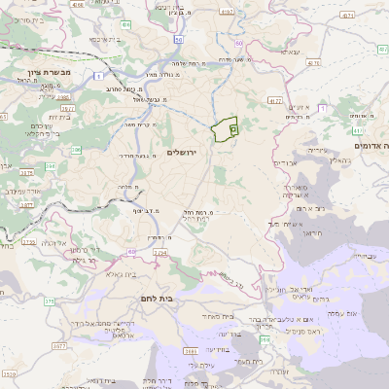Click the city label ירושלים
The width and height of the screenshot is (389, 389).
click(182, 153)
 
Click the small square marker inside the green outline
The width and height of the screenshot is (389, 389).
click(233, 128)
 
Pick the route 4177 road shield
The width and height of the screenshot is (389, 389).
click(274, 100)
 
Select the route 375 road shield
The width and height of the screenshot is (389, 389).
click(49, 301)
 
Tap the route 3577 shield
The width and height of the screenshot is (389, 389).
click(60, 345)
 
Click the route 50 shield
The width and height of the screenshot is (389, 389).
click(180, 38)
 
